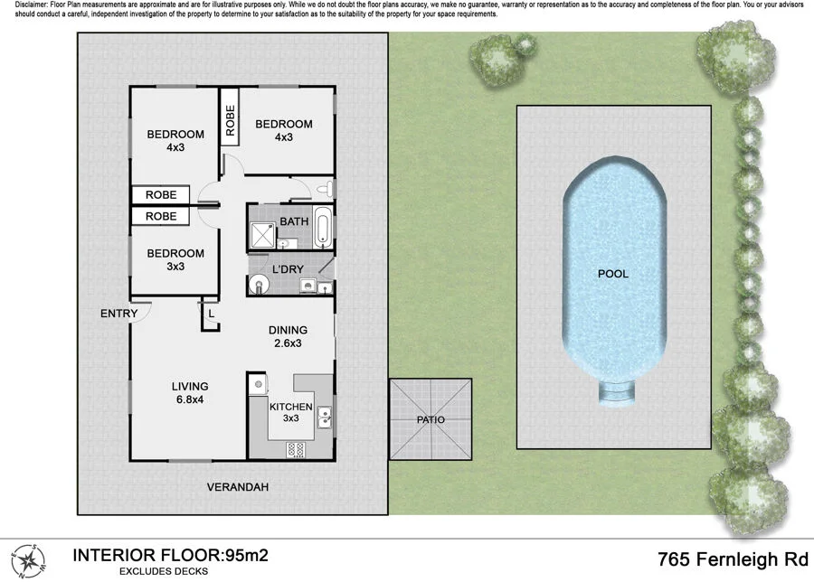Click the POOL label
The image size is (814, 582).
click(612, 273)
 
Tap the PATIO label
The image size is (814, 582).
click(431, 420)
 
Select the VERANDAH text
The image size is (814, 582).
click(238, 487)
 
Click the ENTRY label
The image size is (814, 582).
click(119, 314)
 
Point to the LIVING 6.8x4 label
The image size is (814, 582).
click(190, 393)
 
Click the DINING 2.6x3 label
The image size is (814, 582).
click(289, 336)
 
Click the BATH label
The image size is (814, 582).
click(294, 221)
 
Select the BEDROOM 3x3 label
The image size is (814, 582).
click(175, 259)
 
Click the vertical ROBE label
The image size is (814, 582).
click(230, 120)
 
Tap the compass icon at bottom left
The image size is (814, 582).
click(26, 559)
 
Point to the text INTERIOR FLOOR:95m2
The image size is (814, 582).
click(170, 555)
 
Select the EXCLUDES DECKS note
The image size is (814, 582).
click(164, 571)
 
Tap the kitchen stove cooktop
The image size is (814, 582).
click(297, 448)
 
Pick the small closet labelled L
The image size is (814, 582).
click(210, 314)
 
